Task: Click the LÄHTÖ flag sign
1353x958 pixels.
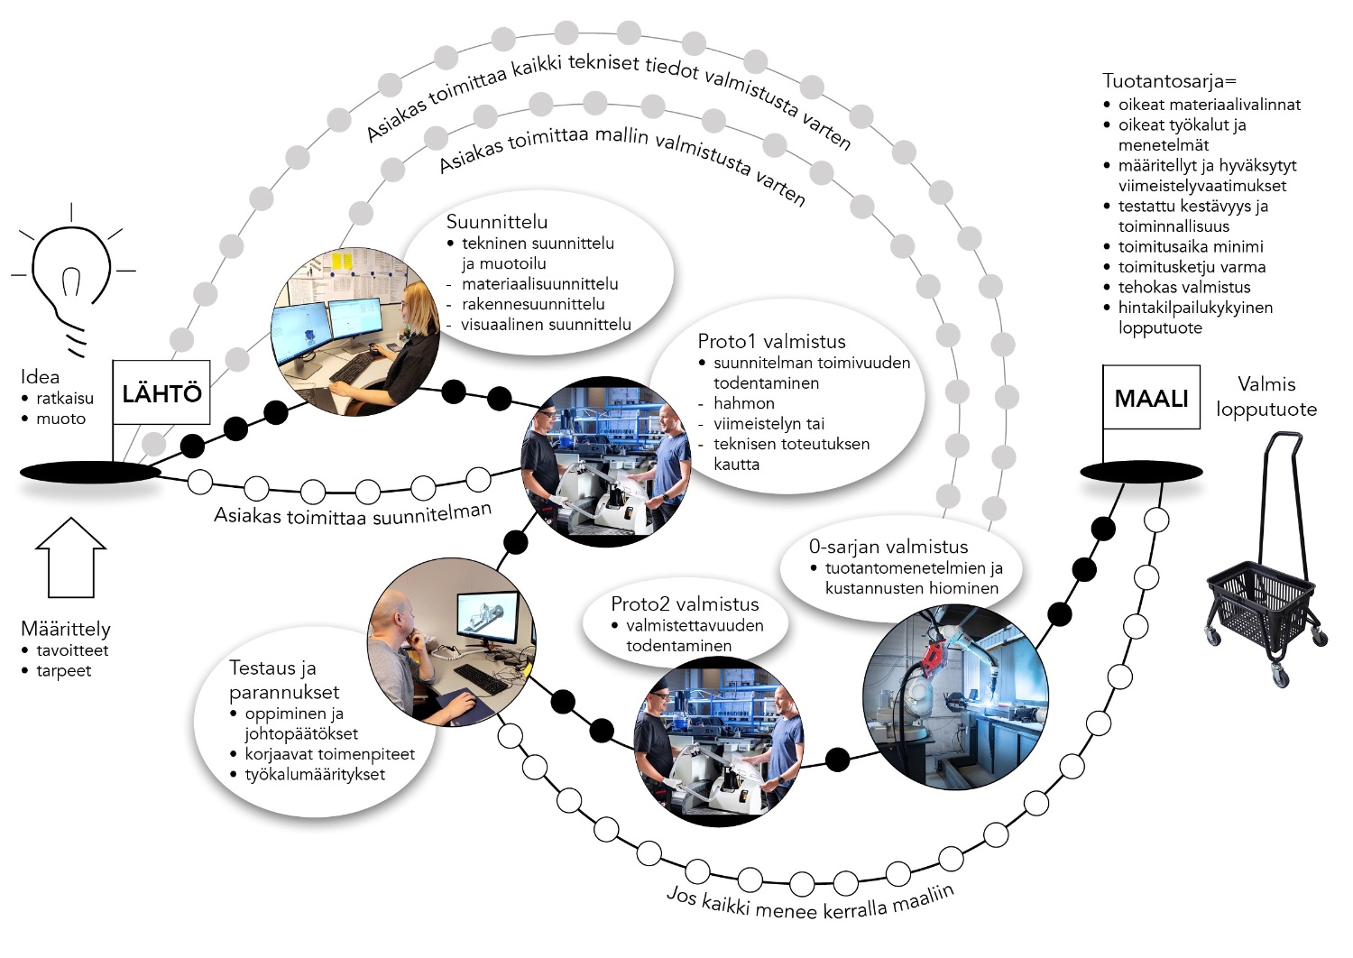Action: click(x=161, y=393)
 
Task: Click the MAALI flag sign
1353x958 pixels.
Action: click(x=1151, y=398)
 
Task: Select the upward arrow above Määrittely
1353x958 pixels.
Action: click(x=70, y=557)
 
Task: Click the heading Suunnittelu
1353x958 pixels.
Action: click(x=496, y=222)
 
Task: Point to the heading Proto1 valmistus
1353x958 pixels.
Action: click(x=771, y=342)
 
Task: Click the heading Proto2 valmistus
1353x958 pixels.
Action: click(x=685, y=604)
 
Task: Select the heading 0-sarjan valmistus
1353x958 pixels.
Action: click(x=888, y=547)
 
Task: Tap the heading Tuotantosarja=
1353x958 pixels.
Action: click(x=1169, y=81)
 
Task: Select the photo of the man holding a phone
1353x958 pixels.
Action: click(x=451, y=642)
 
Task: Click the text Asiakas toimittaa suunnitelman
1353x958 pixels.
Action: click(x=353, y=513)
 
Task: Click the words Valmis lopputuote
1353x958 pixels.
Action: click(x=1266, y=397)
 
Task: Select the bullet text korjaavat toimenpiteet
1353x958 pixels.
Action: click(x=329, y=754)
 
